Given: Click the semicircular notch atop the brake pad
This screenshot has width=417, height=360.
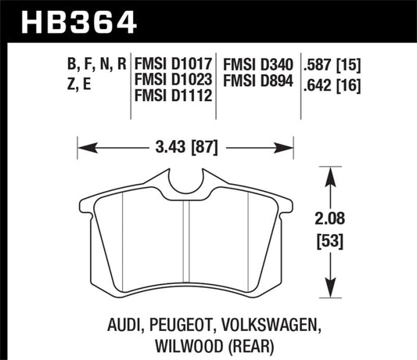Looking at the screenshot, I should click(185, 180).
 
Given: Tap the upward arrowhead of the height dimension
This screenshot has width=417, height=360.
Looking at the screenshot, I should click(332, 174).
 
